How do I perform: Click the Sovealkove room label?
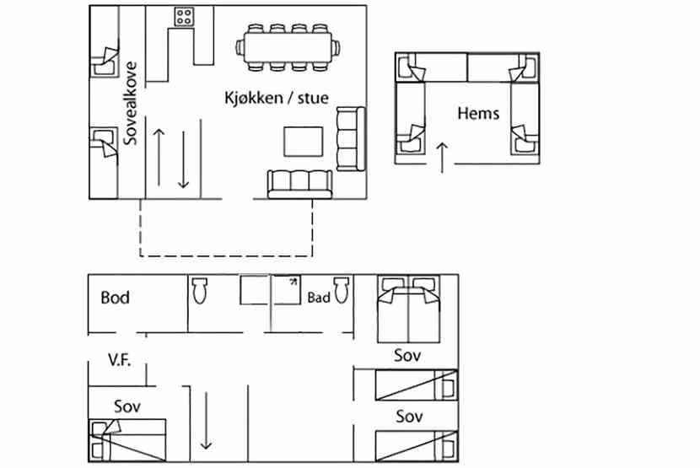[131, 104]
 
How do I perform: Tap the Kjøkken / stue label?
[277, 97]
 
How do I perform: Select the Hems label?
[478, 113]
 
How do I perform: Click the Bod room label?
[116, 298]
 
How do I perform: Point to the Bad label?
[319, 298]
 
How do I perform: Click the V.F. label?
[120, 359]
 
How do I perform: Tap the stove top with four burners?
[184, 17]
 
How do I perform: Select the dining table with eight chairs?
[288, 47]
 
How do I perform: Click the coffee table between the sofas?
[304, 142]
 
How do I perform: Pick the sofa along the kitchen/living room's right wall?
[351, 139]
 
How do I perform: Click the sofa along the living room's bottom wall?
[300, 184]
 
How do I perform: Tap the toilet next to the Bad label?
[342, 289]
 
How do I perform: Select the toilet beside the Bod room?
[200, 290]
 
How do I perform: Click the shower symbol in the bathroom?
[287, 289]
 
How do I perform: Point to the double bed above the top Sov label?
[408, 309]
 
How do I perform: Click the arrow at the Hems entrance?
[442, 157]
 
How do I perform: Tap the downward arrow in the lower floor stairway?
[206, 421]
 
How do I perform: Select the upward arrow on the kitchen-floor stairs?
[159, 157]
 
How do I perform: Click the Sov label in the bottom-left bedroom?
[127, 406]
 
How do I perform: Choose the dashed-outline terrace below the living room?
[226, 256]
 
